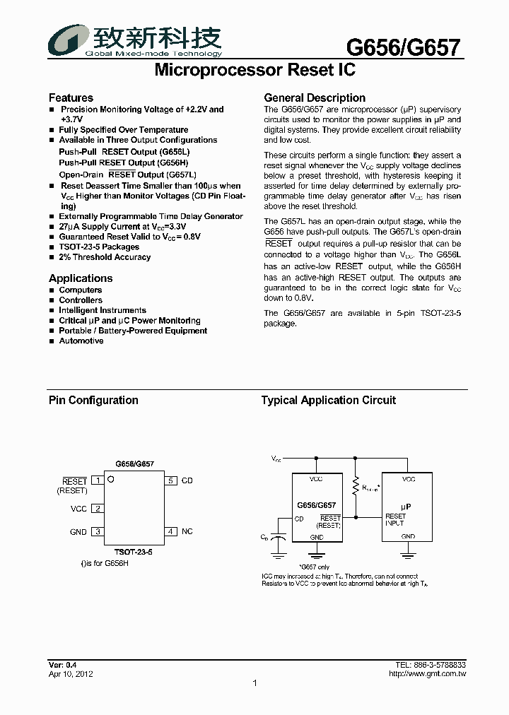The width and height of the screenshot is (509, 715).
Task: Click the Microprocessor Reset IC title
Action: click(255, 71)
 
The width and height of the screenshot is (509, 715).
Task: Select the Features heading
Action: click(71, 98)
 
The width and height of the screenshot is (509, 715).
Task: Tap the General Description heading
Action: click(315, 98)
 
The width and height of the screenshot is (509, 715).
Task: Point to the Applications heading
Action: click(81, 278)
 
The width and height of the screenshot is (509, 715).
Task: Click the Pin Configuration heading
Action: click(93, 400)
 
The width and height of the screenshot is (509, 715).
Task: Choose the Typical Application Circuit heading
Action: click(329, 400)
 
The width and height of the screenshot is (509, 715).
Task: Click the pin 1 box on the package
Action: click(98, 480)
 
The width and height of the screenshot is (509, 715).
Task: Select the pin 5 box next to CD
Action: click(171, 480)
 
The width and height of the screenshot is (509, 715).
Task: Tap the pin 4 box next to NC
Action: click(171, 531)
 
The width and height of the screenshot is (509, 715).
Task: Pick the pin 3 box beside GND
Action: click(98, 532)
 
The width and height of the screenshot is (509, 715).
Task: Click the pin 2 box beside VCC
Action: click(98, 508)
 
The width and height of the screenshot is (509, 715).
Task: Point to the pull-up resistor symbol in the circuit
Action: click(356, 487)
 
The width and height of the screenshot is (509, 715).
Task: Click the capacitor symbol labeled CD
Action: click(280, 538)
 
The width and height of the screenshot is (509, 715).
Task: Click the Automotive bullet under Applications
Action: click(81, 341)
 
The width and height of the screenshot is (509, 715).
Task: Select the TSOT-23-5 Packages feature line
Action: click(99, 247)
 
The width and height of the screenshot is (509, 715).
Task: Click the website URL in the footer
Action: click(428, 674)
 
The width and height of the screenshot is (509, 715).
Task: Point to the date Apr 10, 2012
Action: click(71, 674)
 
